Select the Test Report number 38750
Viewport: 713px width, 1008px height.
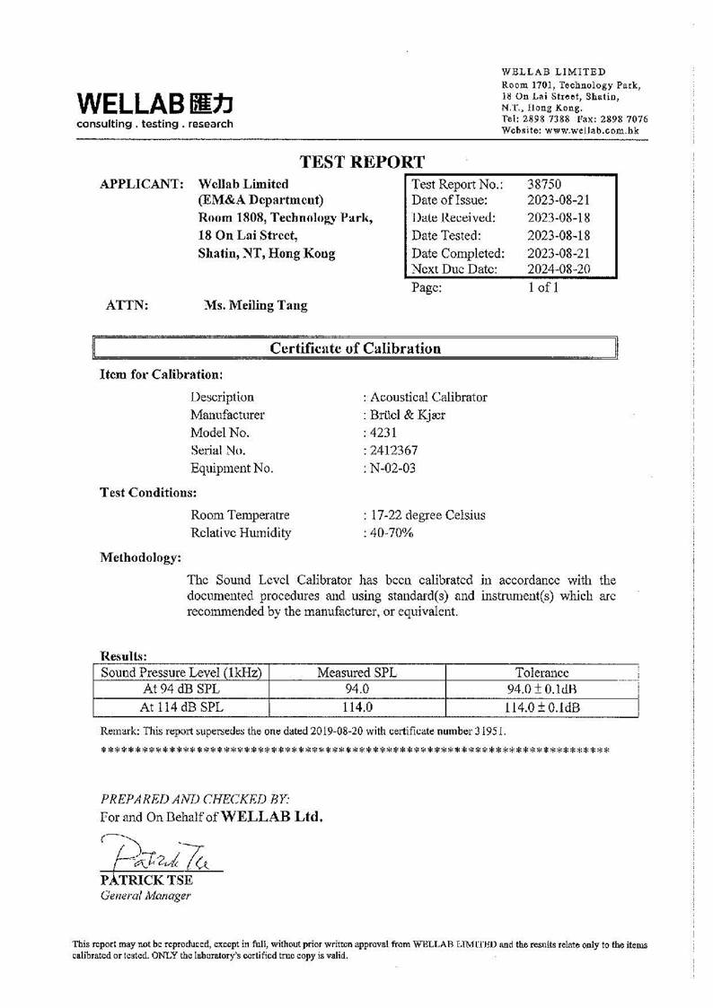[x=544, y=184]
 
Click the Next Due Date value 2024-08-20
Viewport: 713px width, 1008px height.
[x=559, y=269]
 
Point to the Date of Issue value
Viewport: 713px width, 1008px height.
[x=559, y=200]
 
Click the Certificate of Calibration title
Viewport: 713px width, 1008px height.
[x=356, y=348]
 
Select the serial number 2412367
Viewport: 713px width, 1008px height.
[x=392, y=451]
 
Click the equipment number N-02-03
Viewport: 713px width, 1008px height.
[x=392, y=469]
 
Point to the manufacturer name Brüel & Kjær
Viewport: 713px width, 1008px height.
[x=407, y=415]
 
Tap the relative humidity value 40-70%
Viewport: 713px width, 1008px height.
[x=391, y=533]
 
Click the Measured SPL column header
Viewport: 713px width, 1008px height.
[x=356, y=672]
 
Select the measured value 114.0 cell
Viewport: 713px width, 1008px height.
[x=356, y=707]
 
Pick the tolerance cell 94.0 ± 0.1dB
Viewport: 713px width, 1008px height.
[x=541, y=689]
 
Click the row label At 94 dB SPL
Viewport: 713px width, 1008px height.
[x=181, y=689]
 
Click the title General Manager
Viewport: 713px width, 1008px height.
[x=145, y=895]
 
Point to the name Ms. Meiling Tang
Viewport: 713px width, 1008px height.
[x=256, y=305]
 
